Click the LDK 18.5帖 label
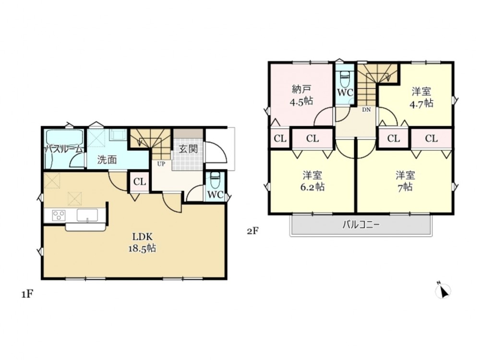[x=142, y=242]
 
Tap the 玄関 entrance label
[x=188, y=149]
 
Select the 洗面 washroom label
[x=107, y=160]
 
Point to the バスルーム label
[x=64, y=149]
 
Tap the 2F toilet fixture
[x=345, y=79]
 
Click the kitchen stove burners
[x=58, y=215]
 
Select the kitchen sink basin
[x=87, y=215]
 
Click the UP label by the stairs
[x=161, y=164]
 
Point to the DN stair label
[x=366, y=109]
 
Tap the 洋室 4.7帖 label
[x=421, y=97]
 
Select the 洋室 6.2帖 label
[x=312, y=181]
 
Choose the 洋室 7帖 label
[x=405, y=181]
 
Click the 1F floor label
[x=26, y=295]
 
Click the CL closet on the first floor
[x=140, y=182]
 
